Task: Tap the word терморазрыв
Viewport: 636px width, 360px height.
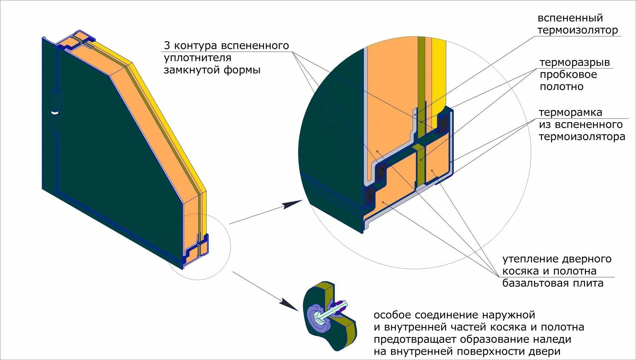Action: click(x=575, y=62)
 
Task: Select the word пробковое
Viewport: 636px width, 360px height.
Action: click(x=568, y=75)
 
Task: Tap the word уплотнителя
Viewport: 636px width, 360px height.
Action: click(x=197, y=58)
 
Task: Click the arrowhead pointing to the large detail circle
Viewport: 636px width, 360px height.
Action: click(x=293, y=204)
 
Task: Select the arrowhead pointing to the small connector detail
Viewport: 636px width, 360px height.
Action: click(x=289, y=304)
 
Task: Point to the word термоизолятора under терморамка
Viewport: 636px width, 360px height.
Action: click(x=582, y=137)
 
